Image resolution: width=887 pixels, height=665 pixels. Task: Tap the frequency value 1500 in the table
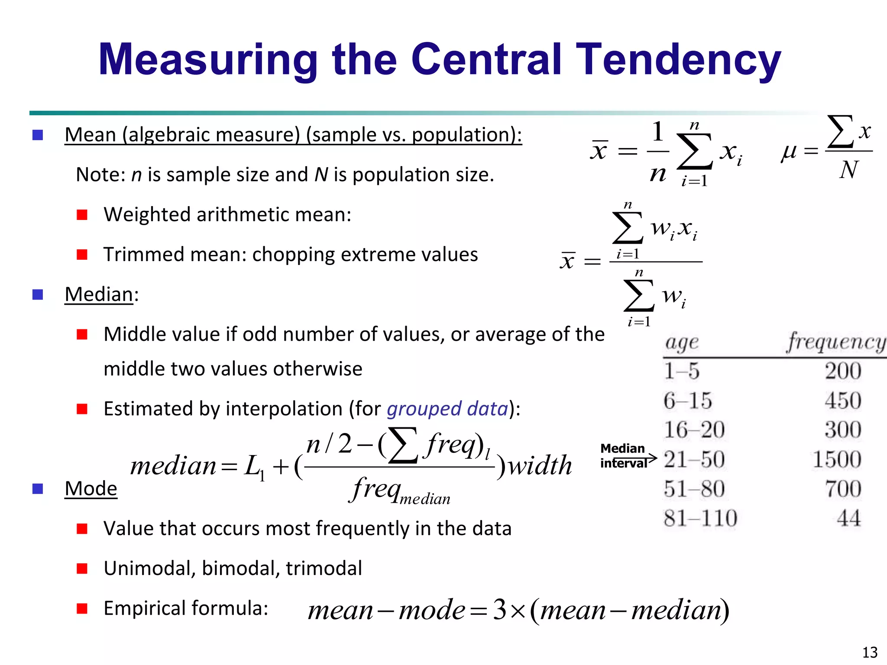[x=837, y=459]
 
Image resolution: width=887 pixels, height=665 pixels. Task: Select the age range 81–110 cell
[x=700, y=518]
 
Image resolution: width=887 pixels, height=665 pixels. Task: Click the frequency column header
[x=836, y=342]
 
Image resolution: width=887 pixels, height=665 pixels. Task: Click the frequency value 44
[x=848, y=518]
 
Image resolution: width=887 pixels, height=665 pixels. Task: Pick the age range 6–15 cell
[x=688, y=400]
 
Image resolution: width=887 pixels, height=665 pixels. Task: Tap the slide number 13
[x=870, y=652]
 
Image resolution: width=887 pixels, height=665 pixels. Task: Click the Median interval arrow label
[x=624, y=456]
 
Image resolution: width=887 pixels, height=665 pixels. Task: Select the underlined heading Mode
[x=91, y=489]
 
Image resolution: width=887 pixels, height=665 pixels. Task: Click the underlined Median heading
[x=99, y=294]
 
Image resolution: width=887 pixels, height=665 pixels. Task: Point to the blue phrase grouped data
[x=447, y=409]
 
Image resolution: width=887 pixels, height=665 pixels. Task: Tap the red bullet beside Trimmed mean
[x=82, y=255]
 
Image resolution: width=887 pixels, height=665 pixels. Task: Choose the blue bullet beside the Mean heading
[x=38, y=135]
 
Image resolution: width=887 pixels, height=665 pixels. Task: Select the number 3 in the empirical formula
[x=500, y=610]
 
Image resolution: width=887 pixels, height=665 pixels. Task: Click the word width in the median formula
[x=540, y=466]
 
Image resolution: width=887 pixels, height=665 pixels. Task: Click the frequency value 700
[x=843, y=489]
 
